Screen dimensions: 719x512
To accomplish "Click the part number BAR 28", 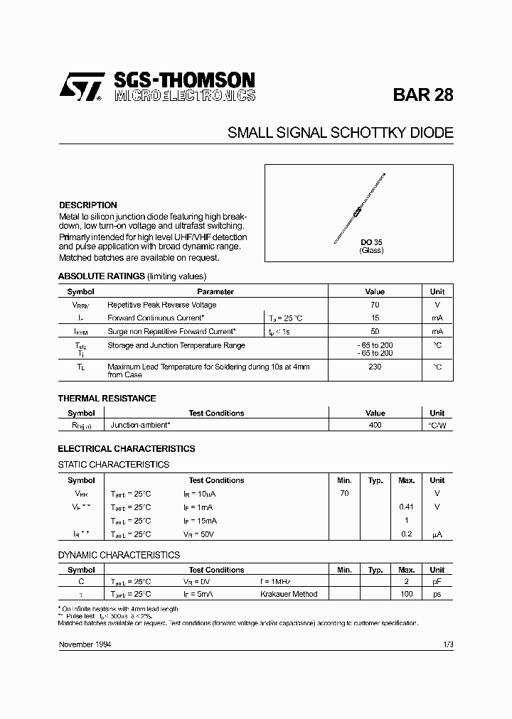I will [x=422, y=96].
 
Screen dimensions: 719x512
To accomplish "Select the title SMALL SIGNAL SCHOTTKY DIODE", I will [x=340, y=133].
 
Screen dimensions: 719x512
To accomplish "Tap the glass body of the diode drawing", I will [x=358, y=210].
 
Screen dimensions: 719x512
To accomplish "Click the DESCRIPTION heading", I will [x=87, y=205].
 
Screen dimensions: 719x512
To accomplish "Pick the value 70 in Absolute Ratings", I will [x=375, y=305].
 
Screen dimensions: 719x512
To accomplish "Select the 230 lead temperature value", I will [x=375, y=367].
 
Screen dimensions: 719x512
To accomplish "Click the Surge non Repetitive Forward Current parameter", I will [x=171, y=332].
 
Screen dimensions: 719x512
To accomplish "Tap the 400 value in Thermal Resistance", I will [x=375, y=425].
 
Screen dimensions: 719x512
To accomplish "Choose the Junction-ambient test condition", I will [x=140, y=425].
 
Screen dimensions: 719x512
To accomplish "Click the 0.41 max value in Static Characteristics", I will [x=406, y=507].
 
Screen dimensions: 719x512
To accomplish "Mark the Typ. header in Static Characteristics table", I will [x=375, y=480].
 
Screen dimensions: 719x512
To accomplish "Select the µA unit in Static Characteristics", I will [x=437, y=534].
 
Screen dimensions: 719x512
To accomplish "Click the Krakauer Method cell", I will [x=289, y=594].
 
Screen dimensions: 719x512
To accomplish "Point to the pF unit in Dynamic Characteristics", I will [x=437, y=581].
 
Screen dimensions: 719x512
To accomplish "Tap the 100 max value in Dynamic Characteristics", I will [x=406, y=594].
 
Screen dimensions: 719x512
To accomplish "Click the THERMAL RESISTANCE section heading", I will [x=107, y=399].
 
